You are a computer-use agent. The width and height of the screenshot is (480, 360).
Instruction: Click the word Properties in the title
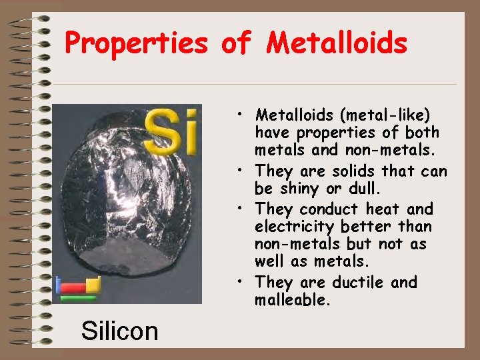136,44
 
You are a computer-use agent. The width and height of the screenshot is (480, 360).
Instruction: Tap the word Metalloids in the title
337,44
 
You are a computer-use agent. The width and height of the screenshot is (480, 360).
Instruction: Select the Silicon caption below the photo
119,330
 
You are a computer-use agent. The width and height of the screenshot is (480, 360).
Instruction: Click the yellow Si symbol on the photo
171,130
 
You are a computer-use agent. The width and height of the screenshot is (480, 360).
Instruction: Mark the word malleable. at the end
293,300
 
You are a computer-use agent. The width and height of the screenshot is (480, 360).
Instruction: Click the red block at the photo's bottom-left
73,289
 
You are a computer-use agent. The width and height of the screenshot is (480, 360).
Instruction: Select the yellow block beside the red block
93,286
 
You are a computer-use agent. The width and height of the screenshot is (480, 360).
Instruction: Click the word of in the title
236,44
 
